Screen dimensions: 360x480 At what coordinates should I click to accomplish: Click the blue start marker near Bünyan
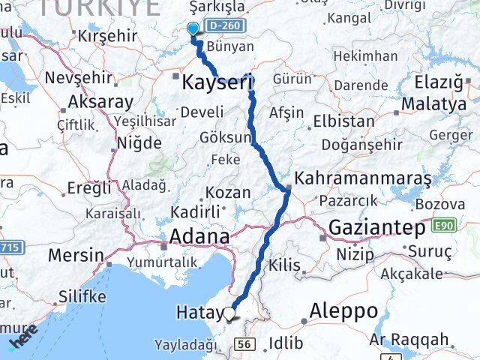point(193,29)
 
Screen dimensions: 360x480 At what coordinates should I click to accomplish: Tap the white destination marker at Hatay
point(229,315)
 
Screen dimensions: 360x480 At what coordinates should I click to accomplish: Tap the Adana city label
point(200,236)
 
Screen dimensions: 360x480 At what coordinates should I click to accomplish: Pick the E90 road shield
point(442,224)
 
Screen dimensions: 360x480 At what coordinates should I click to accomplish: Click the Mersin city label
point(76,255)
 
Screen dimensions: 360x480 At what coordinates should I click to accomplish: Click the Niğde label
point(139,142)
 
